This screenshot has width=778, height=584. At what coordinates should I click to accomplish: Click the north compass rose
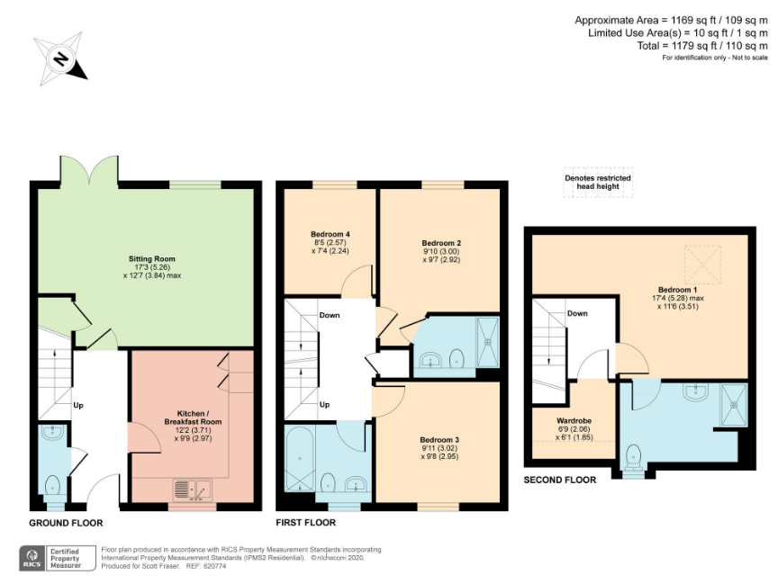click(60, 59)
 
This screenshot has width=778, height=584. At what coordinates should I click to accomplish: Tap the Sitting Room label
click(152, 259)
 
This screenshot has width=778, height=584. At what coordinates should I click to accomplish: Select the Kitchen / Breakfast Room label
click(193, 418)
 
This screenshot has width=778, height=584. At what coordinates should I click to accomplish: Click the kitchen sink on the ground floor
click(193, 490)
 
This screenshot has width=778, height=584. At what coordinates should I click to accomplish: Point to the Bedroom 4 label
click(330, 234)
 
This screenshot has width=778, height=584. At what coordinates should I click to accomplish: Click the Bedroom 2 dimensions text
click(441, 256)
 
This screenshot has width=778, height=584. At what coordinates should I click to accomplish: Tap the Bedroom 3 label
click(439, 440)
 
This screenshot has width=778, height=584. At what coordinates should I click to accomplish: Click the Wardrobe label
click(574, 420)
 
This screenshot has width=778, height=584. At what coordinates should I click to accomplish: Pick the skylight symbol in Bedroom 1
click(702, 265)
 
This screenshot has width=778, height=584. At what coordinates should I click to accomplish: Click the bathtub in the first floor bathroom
click(299, 459)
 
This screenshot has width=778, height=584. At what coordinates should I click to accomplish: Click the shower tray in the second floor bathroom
click(734, 405)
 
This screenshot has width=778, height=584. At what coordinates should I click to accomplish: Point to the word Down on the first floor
click(330, 315)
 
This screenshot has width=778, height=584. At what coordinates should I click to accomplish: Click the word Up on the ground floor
click(78, 406)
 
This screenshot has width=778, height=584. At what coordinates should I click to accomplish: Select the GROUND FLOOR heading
click(66, 523)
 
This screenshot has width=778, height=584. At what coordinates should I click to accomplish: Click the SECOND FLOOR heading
click(560, 480)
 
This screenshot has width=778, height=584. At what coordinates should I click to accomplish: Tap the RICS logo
click(32, 558)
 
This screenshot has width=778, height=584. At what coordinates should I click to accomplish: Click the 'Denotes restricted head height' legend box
click(598, 183)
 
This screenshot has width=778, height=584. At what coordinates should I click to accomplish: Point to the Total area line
click(702, 46)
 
